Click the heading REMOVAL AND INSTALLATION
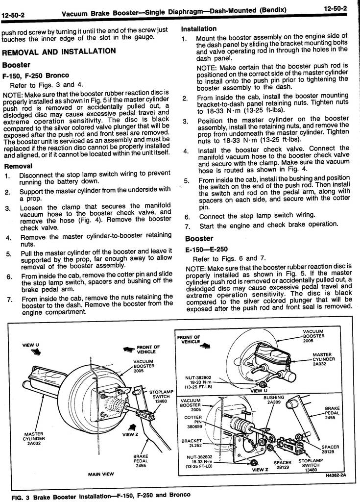coord(59,51)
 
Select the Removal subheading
coord(18,166)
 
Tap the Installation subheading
coord(199,29)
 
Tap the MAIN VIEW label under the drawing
coord(101,474)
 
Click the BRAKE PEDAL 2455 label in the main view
coord(141,461)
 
